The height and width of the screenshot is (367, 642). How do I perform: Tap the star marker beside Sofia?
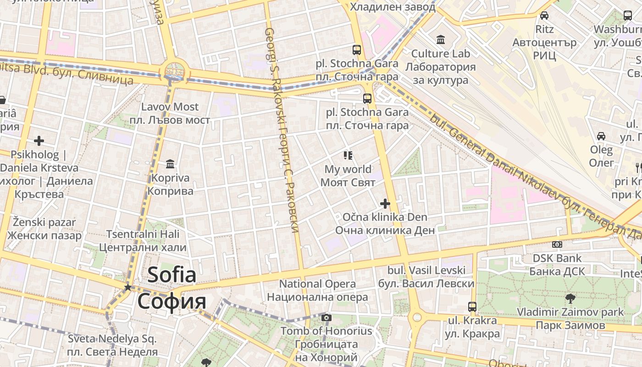(x=127, y=287)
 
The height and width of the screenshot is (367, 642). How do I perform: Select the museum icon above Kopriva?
(x=171, y=164)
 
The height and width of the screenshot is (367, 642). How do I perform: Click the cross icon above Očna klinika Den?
(x=385, y=203)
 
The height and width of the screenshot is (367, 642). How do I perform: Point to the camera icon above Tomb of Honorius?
(x=327, y=317)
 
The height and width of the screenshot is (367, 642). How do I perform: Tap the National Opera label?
(x=317, y=290)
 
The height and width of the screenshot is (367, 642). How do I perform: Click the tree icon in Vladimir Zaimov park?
(x=570, y=299)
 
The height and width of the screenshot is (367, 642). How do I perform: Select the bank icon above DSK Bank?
(x=557, y=245)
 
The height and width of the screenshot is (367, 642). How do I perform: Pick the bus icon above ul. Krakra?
(x=472, y=306)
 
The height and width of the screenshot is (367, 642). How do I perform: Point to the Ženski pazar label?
(x=44, y=229)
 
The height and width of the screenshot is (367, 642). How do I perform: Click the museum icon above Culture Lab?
(x=441, y=40)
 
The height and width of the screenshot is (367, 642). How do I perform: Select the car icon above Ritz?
(x=544, y=16)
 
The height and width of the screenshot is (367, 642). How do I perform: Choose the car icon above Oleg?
(x=601, y=136)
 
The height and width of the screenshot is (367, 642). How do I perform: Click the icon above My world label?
(x=348, y=156)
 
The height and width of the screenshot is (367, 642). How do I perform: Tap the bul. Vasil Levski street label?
(x=426, y=277)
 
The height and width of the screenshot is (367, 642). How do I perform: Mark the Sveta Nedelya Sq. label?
(x=112, y=345)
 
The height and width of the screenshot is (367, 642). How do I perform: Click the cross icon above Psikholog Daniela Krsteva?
(x=39, y=141)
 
